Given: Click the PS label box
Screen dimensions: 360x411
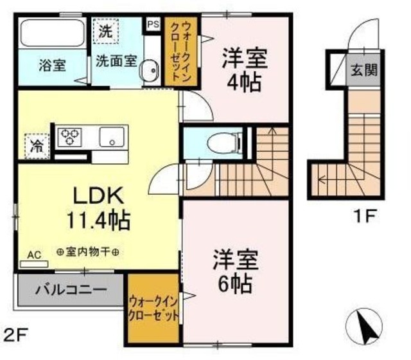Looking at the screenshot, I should point(153,24).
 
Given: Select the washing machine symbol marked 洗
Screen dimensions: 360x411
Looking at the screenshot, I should point(104,30).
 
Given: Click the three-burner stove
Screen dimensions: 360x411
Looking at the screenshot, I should point(69,136).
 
